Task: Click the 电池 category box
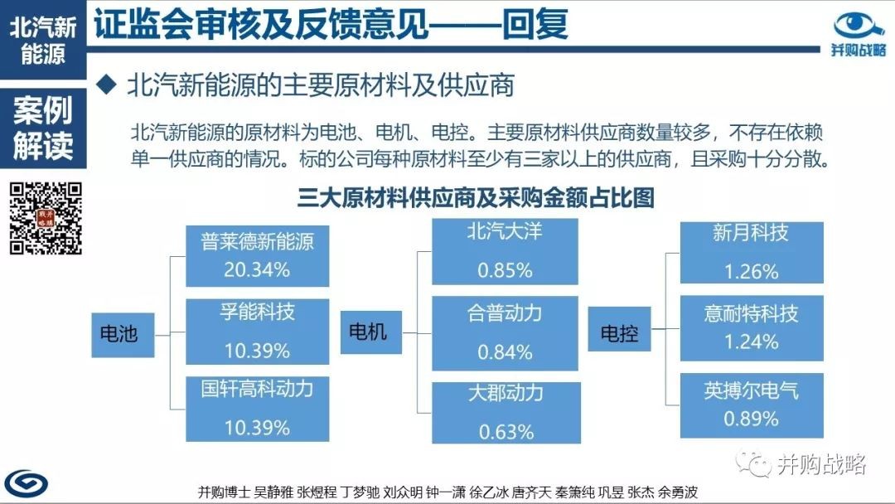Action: click(x=123, y=334)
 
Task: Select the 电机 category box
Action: click(x=371, y=332)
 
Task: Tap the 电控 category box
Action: click(x=619, y=329)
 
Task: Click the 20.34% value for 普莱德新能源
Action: click(x=257, y=269)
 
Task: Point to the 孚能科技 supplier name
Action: click(x=258, y=312)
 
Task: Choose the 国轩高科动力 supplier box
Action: click(x=258, y=409)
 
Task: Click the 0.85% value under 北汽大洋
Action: click(x=506, y=270)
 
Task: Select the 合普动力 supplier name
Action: click(x=505, y=313)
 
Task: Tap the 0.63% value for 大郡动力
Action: click(x=506, y=432)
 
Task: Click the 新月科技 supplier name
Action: click(x=751, y=232)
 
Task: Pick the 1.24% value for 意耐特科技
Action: click(x=751, y=342)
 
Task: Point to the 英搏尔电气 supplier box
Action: click(x=752, y=405)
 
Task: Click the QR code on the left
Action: click(x=46, y=218)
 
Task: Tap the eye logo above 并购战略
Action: click(x=859, y=25)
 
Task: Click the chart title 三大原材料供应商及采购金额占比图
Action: click(x=476, y=198)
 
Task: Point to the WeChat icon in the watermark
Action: click(x=752, y=463)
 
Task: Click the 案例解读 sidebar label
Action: click(x=43, y=128)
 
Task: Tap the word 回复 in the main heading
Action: click(x=535, y=25)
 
